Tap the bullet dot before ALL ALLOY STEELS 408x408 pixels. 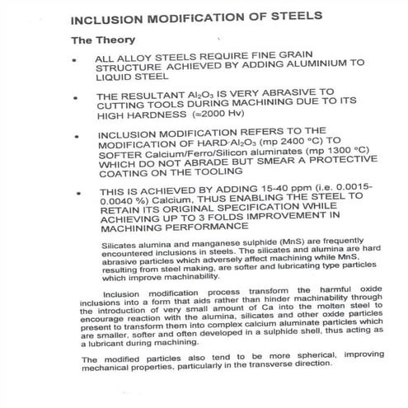tap(77, 60)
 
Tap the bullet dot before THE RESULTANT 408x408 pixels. tap(77, 96)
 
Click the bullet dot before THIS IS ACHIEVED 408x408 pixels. tap(77, 195)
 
